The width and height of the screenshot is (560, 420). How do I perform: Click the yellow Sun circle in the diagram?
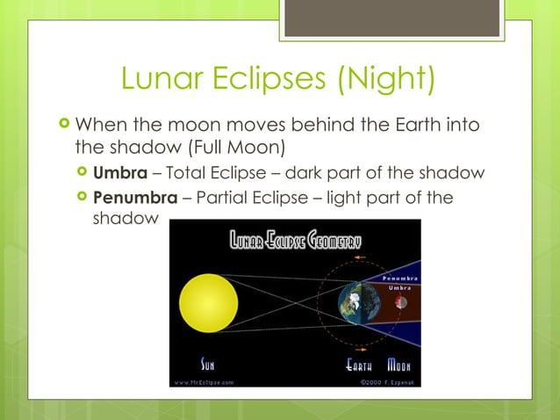click(208, 302)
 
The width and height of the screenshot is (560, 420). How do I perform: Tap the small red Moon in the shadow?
click(401, 302)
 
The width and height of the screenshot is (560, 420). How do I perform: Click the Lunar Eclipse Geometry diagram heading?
click(296, 239)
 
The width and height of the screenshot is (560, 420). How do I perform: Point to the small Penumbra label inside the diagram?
click(398, 279)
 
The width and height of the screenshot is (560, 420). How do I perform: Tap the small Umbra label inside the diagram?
click(400, 288)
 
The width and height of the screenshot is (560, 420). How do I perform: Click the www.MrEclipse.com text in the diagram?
click(204, 383)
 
